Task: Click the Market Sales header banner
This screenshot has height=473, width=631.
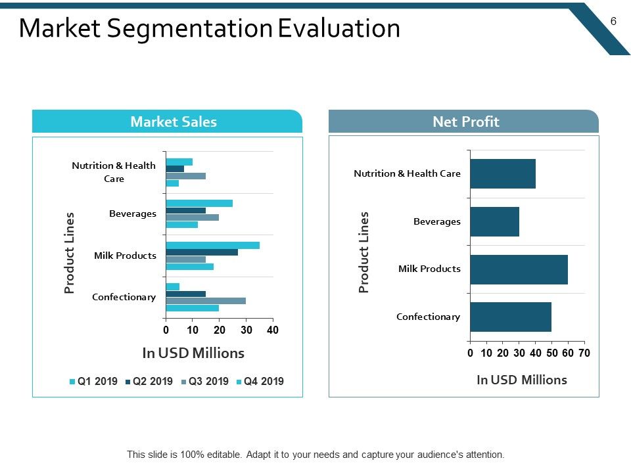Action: click(x=167, y=121)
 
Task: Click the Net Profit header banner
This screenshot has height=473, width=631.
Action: click(x=463, y=121)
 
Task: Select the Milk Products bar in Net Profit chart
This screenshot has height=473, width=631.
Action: click(x=519, y=269)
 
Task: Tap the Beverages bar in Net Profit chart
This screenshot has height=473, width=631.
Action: click(x=494, y=221)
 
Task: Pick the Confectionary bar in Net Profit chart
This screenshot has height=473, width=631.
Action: click(x=511, y=317)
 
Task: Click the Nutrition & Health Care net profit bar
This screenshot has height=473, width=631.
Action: click(x=503, y=173)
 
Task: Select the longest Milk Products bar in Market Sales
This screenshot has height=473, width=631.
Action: click(x=212, y=245)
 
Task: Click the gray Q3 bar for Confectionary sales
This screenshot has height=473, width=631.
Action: click(x=206, y=301)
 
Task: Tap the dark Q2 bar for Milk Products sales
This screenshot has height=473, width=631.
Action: click(x=202, y=252)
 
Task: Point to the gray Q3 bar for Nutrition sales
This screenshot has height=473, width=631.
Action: click(x=186, y=176)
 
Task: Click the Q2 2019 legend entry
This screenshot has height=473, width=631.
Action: click(x=149, y=381)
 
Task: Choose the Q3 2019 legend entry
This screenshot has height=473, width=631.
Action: click(x=205, y=381)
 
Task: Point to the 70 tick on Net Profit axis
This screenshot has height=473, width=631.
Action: click(x=584, y=353)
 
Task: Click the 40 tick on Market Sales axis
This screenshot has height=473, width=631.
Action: click(x=273, y=330)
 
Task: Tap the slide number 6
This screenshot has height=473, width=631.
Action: click(x=613, y=21)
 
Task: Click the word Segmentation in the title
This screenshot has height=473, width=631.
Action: click(x=190, y=29)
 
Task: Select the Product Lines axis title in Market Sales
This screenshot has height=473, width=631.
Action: click(x=69, y=252)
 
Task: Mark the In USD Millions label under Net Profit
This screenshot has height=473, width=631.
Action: click(x=522, y=380)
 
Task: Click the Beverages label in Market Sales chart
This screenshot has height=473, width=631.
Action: click(x=133, y=214)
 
